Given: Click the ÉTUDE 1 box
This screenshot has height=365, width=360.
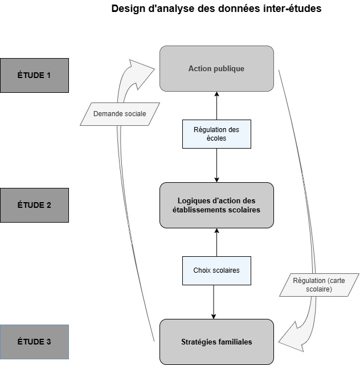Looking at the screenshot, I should (34, 75).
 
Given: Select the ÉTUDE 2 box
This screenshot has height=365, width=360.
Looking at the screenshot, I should (34, 205).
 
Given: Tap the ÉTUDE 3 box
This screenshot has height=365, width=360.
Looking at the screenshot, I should (34, 342).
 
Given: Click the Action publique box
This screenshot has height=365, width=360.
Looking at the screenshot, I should (216, 68).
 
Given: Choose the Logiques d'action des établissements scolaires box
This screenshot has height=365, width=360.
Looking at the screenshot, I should (216, 205).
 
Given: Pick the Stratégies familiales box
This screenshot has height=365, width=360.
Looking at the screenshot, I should (216, 342).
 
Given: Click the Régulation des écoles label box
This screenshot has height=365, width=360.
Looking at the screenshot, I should (216, 134).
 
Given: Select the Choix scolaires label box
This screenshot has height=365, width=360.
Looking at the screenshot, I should (216, 270).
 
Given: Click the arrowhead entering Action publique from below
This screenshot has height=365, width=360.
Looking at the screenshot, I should (216, 95).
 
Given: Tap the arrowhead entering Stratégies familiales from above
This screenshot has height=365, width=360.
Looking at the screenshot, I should (214, 315).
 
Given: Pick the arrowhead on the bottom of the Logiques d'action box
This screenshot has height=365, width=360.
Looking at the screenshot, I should (216, 231).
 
